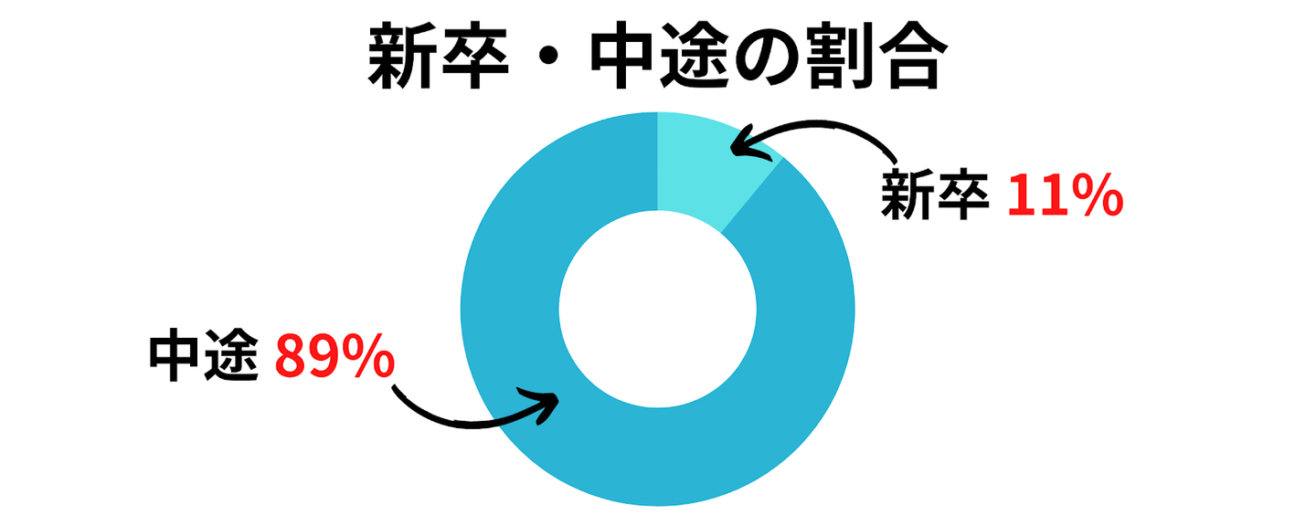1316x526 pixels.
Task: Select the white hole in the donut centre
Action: coord(658,309)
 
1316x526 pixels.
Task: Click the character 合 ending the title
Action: coord(906,59)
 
